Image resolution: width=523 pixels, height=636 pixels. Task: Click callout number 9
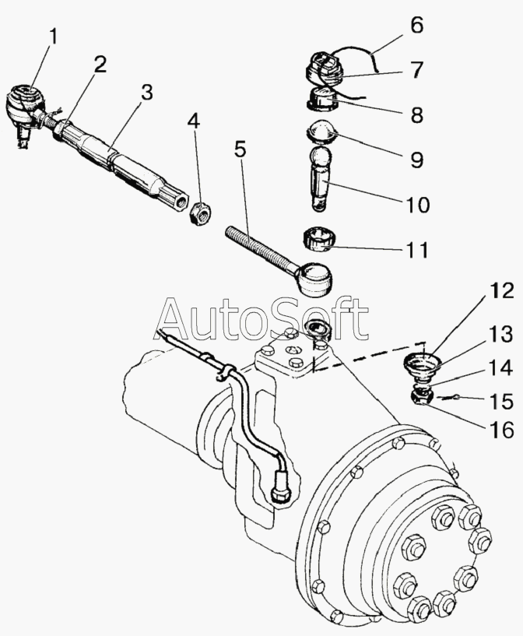[416, 160]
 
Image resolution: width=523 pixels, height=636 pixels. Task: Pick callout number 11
[416, 251]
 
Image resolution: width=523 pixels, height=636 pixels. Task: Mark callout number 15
[479, 402]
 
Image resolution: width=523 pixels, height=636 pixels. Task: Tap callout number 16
[479, 429]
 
